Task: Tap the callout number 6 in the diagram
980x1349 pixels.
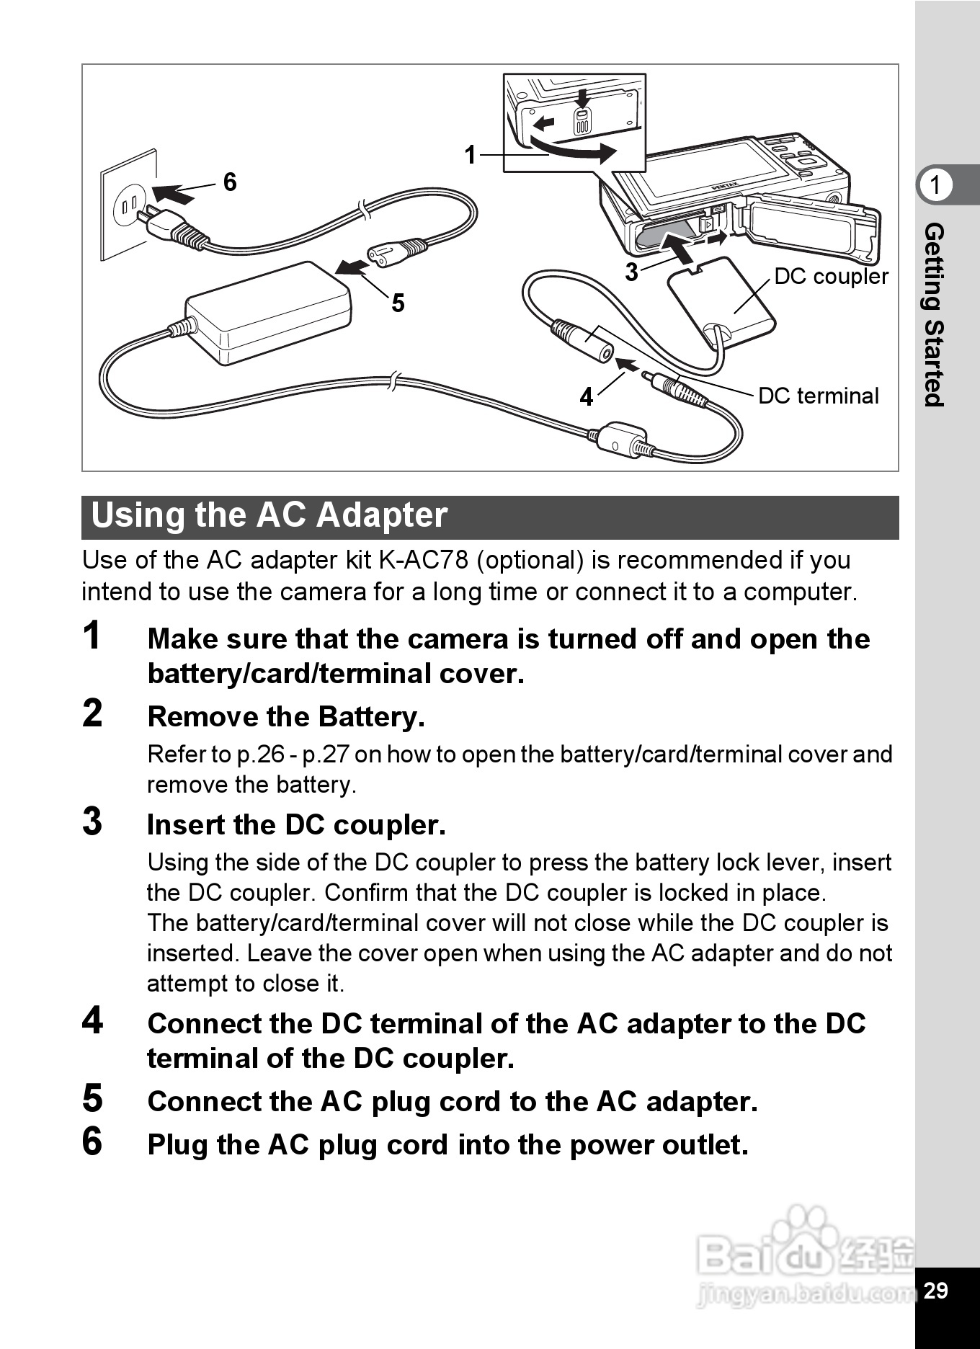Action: coord(230,182)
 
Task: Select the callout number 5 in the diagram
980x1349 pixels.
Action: coord(398,303)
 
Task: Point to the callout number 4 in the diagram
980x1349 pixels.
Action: coord(587,396)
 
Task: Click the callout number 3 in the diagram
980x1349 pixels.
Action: coord(631,272)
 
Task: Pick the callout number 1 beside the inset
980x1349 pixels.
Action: coord(471,154)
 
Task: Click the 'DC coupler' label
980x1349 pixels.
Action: coord(831,277)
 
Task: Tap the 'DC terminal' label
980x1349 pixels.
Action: coord(819,396)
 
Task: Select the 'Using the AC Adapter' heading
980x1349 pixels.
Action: coord(269,515)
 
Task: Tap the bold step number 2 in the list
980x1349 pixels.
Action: coord(93,713)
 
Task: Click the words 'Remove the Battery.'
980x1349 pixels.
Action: coord(286,716)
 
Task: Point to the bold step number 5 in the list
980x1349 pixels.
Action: coord(93,1098)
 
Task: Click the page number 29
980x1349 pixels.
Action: coord(935,1290)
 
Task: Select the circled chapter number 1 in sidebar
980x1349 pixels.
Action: coord(935,185)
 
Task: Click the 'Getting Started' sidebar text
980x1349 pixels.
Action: coord(934,315)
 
